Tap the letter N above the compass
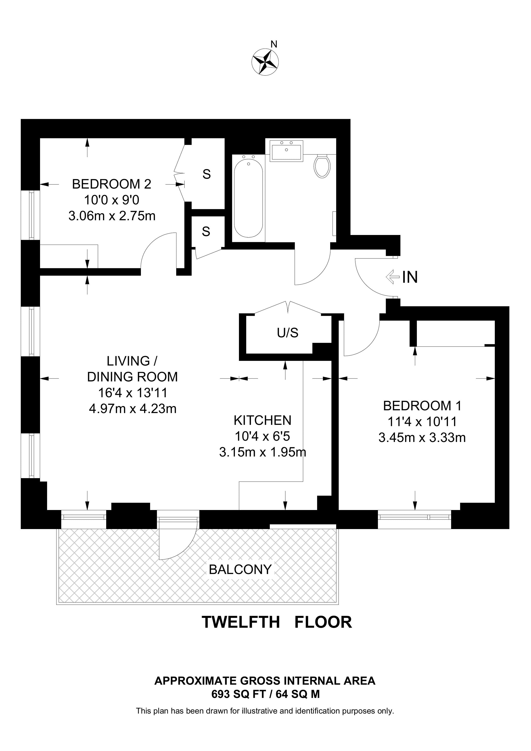coord(274,44)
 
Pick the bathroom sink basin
coord(286,151)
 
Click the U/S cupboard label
coord(287,333)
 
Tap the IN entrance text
coord(410,277)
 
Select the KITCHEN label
coord(262,420)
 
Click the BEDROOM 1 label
coord(422,406)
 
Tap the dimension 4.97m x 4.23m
coord(133,408)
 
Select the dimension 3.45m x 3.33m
coord(422,437)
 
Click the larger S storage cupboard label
coord(206,174)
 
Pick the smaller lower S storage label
coord(206,232)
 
